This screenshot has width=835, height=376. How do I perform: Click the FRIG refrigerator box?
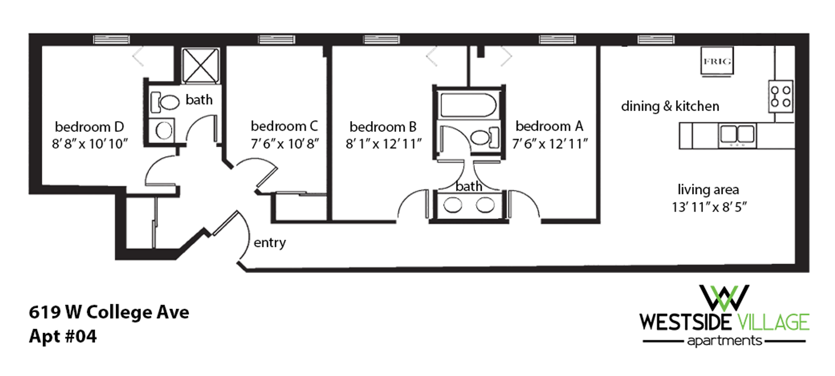[717, 61]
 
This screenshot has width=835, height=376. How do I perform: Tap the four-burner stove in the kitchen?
[780, 96]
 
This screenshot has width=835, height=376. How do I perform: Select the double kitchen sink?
[737, 135]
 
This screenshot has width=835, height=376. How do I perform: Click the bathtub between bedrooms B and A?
[468, 105]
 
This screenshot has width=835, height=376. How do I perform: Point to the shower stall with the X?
[200, 65]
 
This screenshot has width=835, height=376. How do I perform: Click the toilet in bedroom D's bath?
[164, 102]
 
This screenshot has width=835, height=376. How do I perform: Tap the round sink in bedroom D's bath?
[164, 130]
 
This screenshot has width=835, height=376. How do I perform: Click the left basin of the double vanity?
[453, 205]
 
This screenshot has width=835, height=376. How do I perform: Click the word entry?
[270, 242]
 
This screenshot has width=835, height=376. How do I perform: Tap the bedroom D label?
[89, 127]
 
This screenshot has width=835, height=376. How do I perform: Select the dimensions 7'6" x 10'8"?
[285, 143]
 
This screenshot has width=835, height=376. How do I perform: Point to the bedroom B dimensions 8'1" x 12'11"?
[384, 143]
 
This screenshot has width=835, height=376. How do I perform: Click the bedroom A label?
[549, 126]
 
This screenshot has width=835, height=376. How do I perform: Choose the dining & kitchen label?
[670, 106]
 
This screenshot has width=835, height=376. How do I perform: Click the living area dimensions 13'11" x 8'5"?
[709, 207]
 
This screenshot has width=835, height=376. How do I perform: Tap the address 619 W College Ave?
[109, 312]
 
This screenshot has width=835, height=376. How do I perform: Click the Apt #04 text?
[63, 336]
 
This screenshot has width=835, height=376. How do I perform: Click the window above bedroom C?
[277, 40]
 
